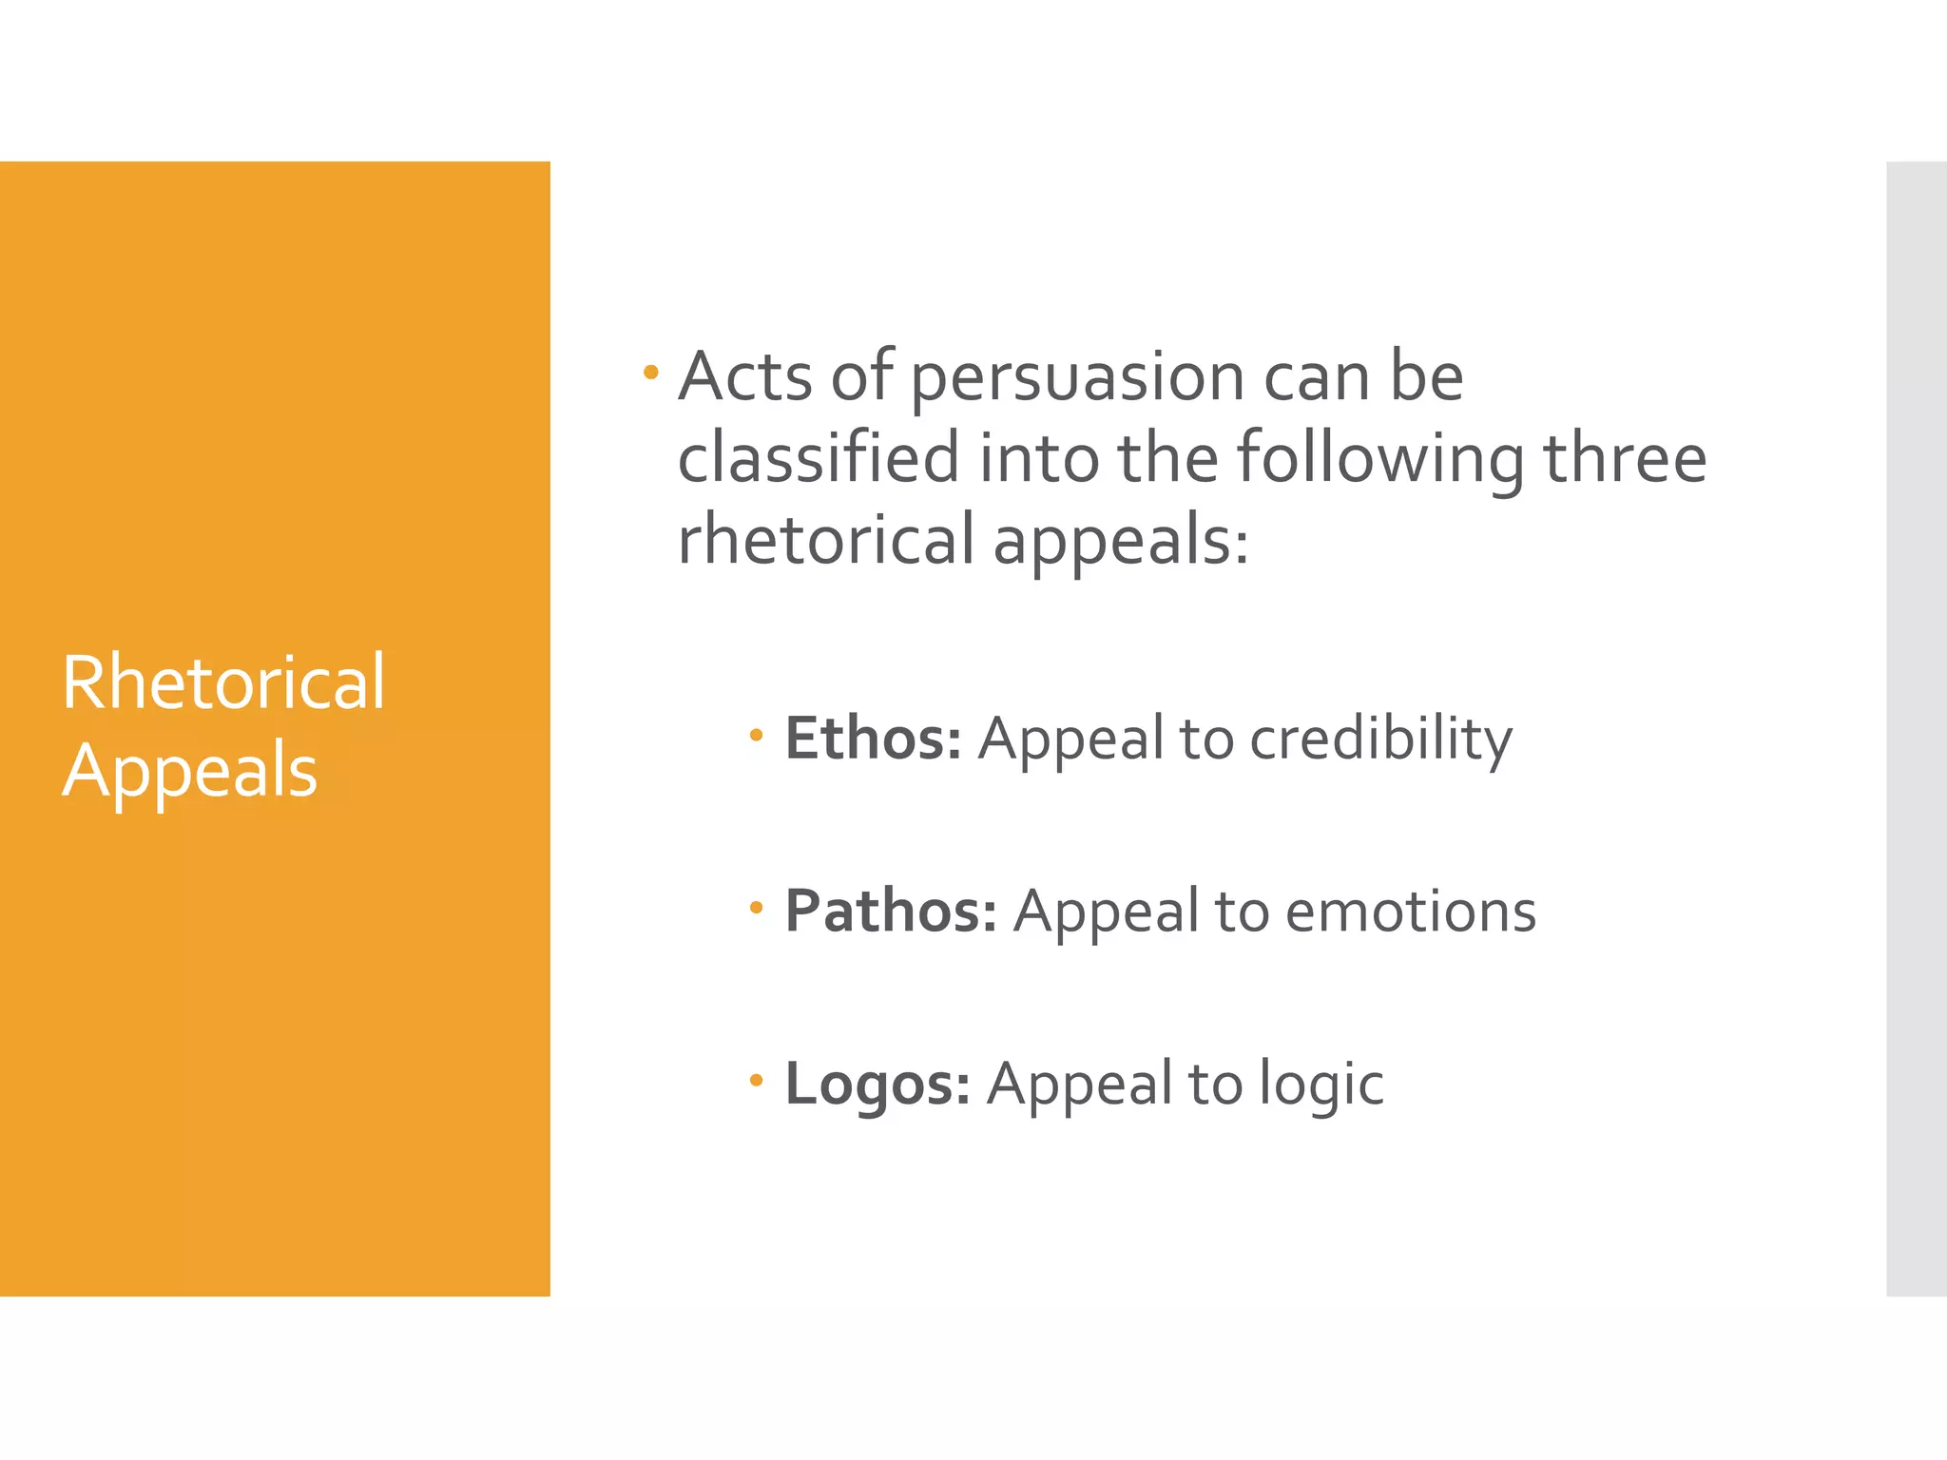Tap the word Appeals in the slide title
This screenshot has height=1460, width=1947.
pos(190,770)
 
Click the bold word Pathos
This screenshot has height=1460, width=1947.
pos(890,912)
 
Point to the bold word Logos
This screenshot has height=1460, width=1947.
pos(877,1084)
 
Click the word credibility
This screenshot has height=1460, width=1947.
pos(1380,739)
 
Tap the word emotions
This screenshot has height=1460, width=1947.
pos(1411,912)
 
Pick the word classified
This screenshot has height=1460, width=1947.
pos(819,458)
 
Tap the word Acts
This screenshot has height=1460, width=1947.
pos(745,377)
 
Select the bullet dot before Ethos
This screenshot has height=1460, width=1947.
pos(756,734)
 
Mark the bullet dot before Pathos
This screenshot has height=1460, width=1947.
pos(756,907)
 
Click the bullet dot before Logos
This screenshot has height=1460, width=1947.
pos(756,1080)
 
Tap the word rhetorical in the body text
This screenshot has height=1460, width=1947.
pos(825,539)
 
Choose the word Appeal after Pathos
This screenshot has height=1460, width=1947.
pos(1106,912)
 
